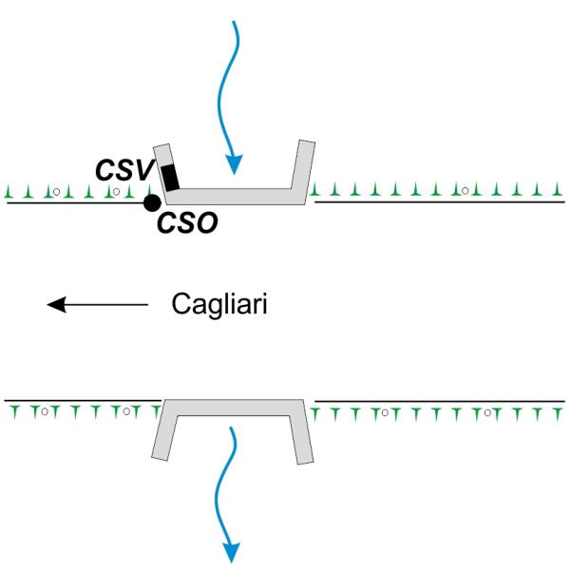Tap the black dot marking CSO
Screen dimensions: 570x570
point(151,202)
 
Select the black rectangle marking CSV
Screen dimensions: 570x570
point(171,177)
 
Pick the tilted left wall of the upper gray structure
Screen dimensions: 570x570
point(162,171)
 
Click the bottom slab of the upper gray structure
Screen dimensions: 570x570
point(237,195)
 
